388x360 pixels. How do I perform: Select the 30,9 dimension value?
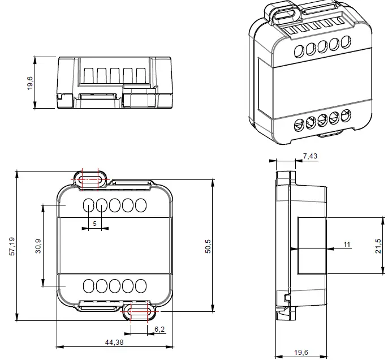tap(37, 246)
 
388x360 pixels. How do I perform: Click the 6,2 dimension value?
tap(159, 329)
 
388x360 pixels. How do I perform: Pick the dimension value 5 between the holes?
tap(94, 224)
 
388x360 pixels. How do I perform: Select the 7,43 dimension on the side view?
tap(311, 155)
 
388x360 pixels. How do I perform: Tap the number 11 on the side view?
tap(347, 244)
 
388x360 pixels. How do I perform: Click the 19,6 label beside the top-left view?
tap(29, 83)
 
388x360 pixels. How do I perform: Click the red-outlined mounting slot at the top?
tap(90, 179)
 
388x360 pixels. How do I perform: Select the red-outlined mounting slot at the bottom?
tap(138, 311)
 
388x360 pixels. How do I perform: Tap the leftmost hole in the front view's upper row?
tap(89, 205)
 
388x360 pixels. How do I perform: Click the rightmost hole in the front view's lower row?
tap(140, 285)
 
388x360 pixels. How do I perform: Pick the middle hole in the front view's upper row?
tap(115, 205)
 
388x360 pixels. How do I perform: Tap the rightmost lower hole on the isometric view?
tap(343, 116)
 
